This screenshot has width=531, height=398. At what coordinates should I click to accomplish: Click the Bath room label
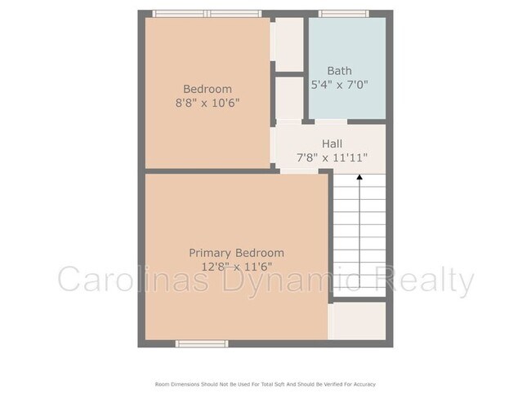(x=339, y=71)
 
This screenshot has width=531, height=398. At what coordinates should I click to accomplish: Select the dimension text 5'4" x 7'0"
(x=339, y=85)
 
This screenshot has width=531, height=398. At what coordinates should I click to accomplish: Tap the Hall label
(x=332, y=144)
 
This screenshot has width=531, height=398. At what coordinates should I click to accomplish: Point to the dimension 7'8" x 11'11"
(x=332, y=157)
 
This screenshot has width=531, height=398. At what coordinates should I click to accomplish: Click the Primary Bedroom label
(x=236, y=253)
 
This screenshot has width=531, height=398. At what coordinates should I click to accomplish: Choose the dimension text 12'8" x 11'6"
(x=236, y=268)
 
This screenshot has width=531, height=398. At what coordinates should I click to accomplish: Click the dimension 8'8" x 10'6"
(x=207, y=103)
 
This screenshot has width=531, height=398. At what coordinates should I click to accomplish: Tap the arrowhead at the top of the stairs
(x=359, y=177)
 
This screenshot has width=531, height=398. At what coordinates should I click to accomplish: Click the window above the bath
(x=343, y=14)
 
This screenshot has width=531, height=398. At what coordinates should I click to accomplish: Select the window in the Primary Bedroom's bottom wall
(x=202, y=344)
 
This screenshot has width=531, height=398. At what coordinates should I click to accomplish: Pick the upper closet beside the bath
(x=289, y=44)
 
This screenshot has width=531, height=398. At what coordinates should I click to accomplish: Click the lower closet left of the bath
(x=289, y=98)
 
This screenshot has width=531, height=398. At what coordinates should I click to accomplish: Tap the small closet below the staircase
(x=357, y=321)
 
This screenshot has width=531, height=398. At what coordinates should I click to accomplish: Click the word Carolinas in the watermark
(x=133, y=279)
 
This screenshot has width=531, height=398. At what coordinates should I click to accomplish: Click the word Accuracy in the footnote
(x=364, y=384)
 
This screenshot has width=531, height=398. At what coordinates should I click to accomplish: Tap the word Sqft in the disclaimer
(x=279, y=384)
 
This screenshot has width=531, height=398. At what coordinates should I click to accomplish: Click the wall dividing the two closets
(x=289, y=74)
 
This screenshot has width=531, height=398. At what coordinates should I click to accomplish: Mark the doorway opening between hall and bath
(x=331, y=122)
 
